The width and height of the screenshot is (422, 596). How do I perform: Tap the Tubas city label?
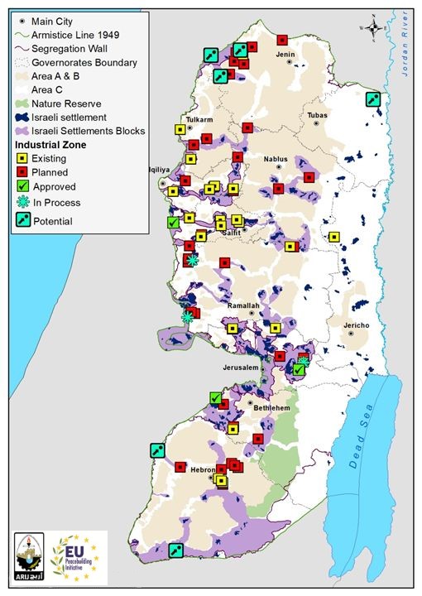tap(317, 115)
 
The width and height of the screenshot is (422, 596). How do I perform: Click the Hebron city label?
tap(203, 470)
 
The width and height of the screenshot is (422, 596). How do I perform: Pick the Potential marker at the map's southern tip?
tap(175, 550)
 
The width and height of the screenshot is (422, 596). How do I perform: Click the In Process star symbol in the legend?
tap(23, 203)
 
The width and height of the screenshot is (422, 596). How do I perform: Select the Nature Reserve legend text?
tap(66, 103)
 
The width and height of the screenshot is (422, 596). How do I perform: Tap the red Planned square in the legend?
tap(23, 172)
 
